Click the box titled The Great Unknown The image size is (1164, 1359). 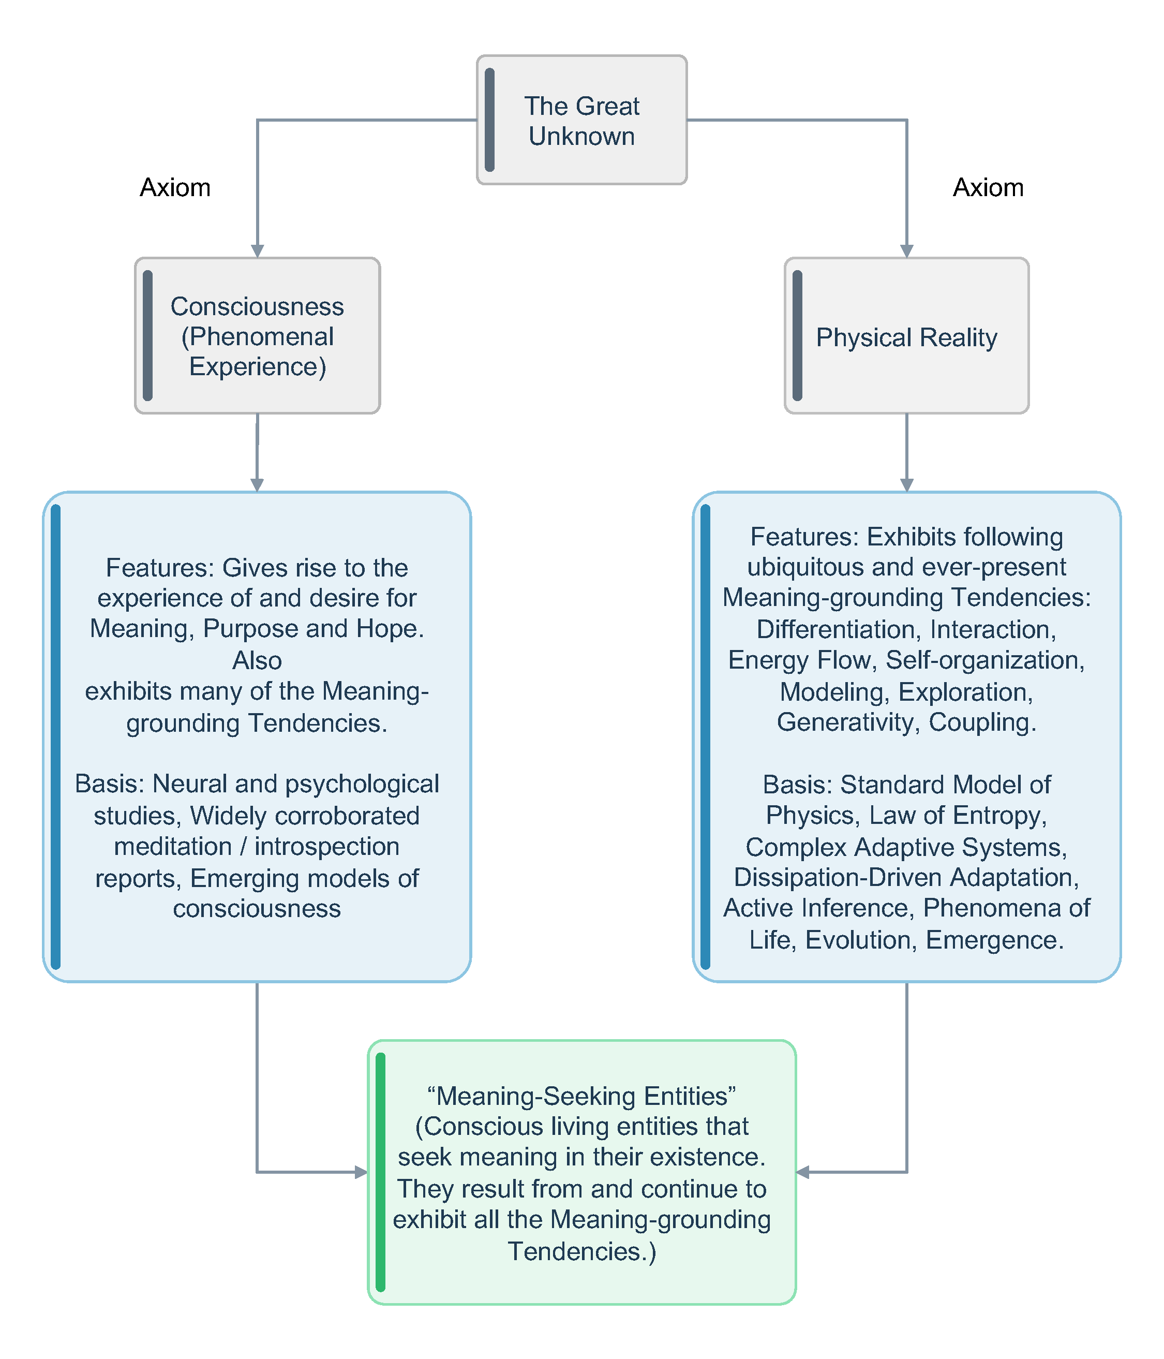[x=581, y=120]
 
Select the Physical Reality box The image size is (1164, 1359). [x=906, y=335]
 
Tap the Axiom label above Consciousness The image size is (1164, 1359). [x=175, y=187]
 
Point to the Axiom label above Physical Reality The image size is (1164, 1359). [x=988, y=187]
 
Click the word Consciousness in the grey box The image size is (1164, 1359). [x=257, y=306]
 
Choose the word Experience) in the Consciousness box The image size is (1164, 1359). [x=258, y=366]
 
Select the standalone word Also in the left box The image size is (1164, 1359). [x=257, y=660]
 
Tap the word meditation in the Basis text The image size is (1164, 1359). [x=173, y=846]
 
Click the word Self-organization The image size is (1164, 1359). [x=985, y=660]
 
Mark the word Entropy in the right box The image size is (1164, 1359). [x=999, y=815]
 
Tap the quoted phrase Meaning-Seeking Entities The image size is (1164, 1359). [x=581, y=1096]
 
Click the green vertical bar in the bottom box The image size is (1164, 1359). [x=380, y=1172]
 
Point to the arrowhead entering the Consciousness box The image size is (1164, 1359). [x=257, y=251]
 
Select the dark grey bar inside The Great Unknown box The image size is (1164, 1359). [x=489, y=120]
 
